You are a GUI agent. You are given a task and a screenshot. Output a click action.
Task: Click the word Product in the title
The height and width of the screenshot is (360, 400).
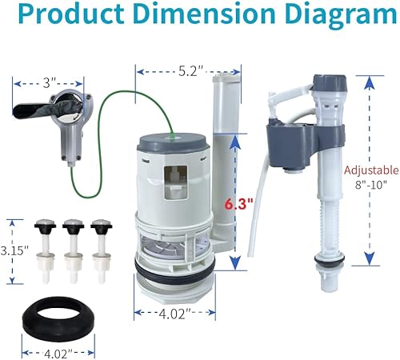(x=71, y=14)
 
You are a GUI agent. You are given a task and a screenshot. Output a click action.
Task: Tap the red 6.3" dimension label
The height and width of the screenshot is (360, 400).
(x=238, y=205)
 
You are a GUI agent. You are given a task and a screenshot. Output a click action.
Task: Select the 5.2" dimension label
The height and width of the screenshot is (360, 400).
(x=190, y=71)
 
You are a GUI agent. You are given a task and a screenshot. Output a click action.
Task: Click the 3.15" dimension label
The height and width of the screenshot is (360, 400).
(x=14, y=250)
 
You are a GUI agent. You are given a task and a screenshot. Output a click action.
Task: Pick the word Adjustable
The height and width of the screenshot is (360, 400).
(x=371, y=170)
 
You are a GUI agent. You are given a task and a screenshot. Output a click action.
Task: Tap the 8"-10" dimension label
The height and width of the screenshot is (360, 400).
(x=370, y=185)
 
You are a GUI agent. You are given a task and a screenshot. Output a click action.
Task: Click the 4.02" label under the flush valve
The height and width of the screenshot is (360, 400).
(x=175, y=314)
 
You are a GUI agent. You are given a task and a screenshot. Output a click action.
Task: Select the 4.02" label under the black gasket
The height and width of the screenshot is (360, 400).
(x=58, y=354)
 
